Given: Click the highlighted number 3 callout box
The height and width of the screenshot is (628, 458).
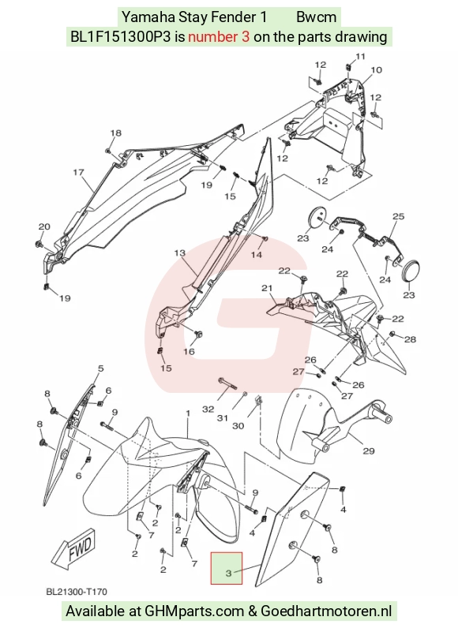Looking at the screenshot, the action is (x=227, y=568).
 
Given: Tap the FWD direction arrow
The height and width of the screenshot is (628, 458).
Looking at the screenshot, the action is (x=75, y=548).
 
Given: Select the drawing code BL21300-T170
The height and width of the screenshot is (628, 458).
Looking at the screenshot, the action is (x=77, y=591).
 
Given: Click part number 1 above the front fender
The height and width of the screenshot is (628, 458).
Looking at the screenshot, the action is (x=187, y=413).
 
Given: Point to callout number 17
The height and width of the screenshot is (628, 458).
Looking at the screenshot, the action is (x=78, y=173).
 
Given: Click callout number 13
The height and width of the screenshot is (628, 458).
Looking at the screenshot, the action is (x=180, y=253).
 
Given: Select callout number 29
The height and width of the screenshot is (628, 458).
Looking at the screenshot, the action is (x=369, y=451).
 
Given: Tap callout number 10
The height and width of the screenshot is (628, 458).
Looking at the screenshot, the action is (x=376, y=70).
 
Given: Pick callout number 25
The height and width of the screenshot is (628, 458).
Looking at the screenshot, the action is (x=398, y=217).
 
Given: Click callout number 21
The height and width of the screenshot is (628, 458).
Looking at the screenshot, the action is (x=267, y=288).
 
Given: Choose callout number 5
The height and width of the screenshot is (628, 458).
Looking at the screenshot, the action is (x=100, y=368).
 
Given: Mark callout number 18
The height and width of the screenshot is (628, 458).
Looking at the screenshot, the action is (x=115, y=133).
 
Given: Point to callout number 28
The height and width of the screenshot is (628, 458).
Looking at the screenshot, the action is (x=411, y=339).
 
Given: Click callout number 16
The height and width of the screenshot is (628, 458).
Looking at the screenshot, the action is (x=189, y=352).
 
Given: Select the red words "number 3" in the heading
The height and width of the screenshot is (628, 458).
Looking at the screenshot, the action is (x=220, y=37).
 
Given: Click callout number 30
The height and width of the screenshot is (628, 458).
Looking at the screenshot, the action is (x=238, y=426).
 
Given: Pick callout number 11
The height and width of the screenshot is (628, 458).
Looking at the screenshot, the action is (x=361, y=57).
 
